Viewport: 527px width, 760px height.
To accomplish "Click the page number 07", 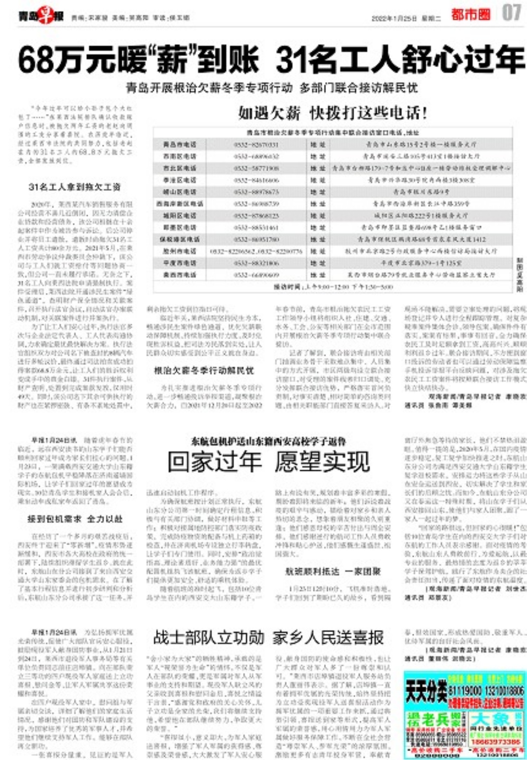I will (511, 13).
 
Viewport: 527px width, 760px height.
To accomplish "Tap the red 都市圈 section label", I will (470, 15).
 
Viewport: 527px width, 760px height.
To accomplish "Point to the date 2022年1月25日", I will (394, 18).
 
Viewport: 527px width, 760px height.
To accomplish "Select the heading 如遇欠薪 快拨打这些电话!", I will (332, 113).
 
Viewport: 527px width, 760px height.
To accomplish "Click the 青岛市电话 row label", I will (180, 144).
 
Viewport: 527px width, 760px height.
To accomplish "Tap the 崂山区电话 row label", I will (180, 192).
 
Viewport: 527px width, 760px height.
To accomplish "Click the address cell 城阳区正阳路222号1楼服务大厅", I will (421, 215).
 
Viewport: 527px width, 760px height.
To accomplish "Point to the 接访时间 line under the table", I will (333, 287).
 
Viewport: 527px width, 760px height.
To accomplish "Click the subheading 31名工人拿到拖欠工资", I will (74, 187).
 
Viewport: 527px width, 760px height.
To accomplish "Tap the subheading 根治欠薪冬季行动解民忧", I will (204, 370).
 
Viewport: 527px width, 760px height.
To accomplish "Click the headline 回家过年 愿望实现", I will (269, 462).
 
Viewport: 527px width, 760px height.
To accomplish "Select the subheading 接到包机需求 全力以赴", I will (75, 519).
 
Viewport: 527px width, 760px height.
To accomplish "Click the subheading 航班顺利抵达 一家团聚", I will (332, 572).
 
